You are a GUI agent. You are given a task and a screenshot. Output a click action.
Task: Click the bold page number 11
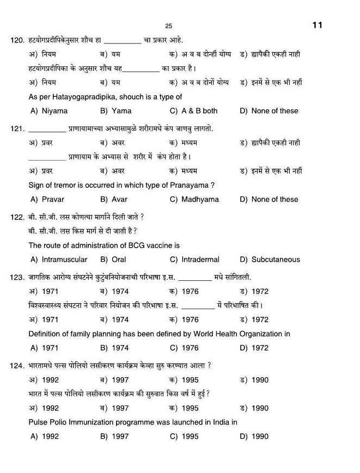(318, 25)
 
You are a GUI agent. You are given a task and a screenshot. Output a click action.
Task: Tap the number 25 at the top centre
(168, 26)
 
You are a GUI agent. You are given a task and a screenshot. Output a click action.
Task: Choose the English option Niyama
(54, 111)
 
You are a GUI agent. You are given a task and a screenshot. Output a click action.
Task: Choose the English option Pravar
(53, 200)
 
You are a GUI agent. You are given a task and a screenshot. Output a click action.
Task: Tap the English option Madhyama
(200, 200)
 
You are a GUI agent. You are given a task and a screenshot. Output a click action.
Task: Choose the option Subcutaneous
(276, 260)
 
